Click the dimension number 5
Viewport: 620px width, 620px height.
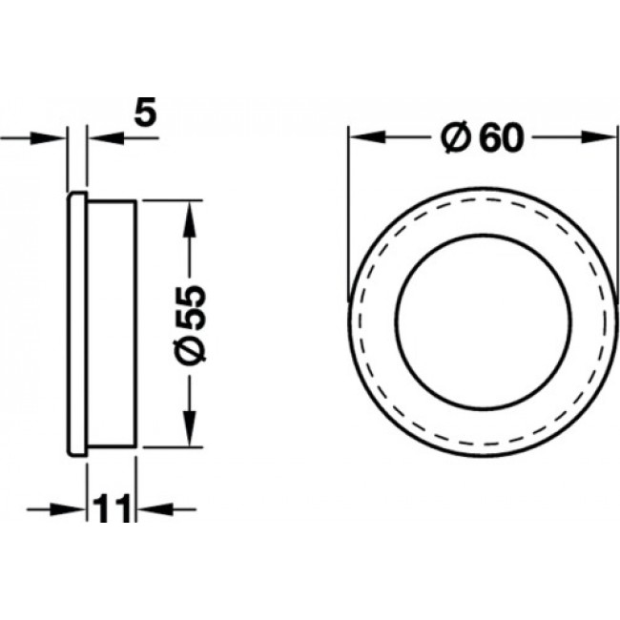pyautogui.click(x=144, y=114)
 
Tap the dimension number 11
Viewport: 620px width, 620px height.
pyautogui.click(x=113, y=509)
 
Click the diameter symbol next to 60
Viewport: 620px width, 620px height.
pyautogui.click(x=455, y=139)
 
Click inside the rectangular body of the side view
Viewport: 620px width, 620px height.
pyautogui.click(x=113, y=323)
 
